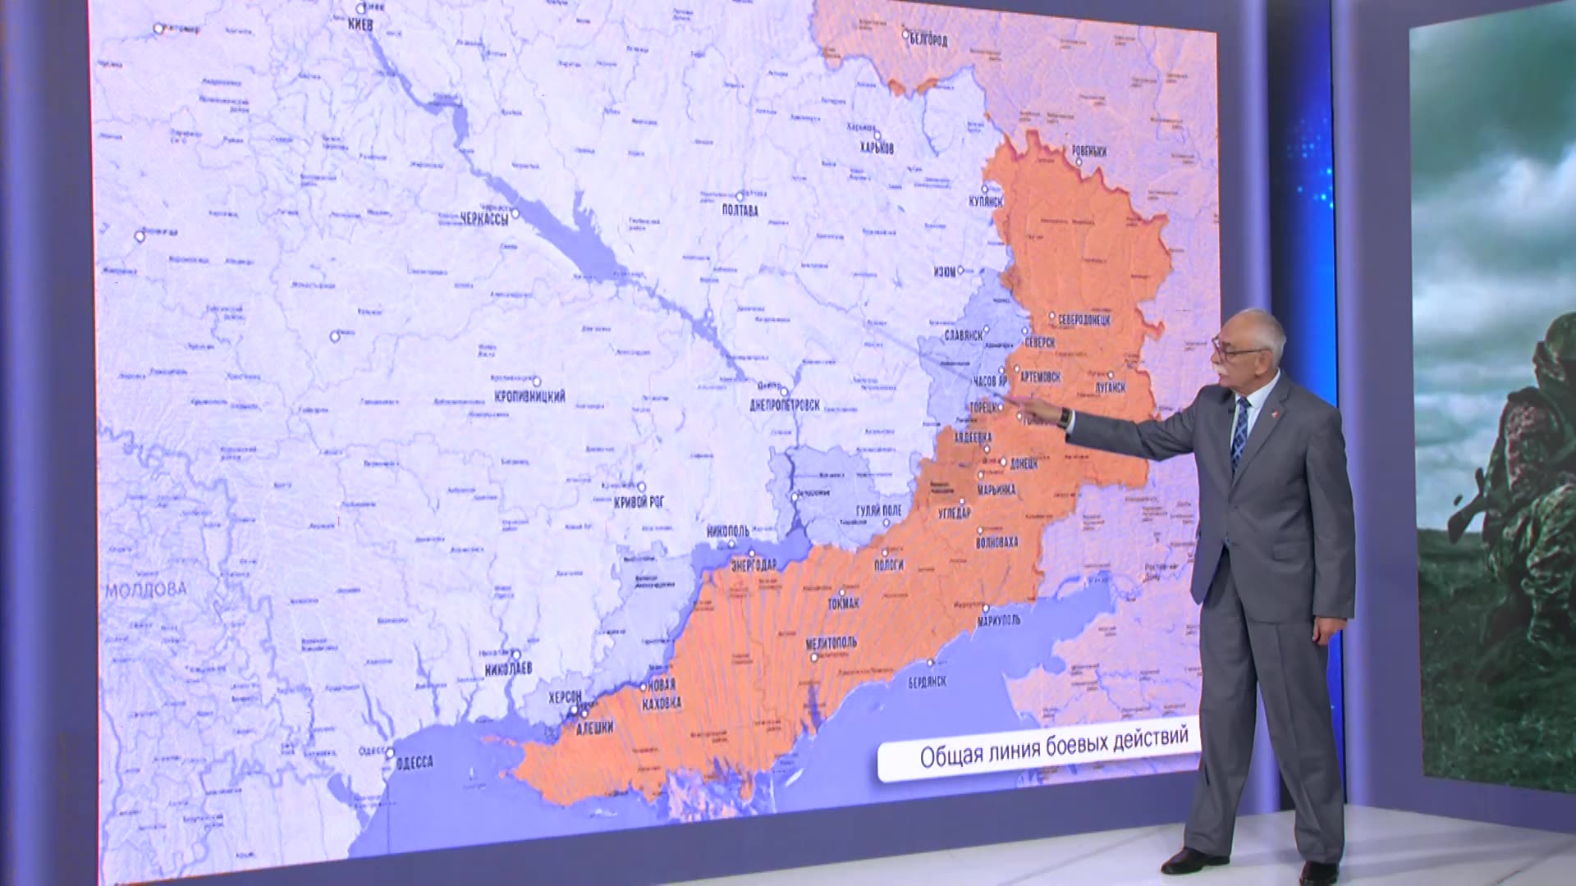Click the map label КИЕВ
pyautogui.click(x=360, y=25)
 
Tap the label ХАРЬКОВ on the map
pyautogui.click(x=877, y=148)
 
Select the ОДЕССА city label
pyautogui.click(x=414, y=763)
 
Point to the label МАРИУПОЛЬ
pyautogui.click(x=998, y=621)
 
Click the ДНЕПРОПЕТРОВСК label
pyautogui.click(x=784, y=405)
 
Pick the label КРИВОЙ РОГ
pyautogui.click(x=639, y=501)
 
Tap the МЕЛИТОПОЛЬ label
pyautogui.click(x=831, y=643)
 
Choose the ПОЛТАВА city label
pyautogui.click(x=740, y=210)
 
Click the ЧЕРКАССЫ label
pyautogui.click(x=484, y=218)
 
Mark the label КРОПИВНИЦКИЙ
pyautogui.click(x=529, y=396)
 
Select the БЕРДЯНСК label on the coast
pyautogui.click(x=928, y=682)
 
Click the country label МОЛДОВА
pyautogui.click(x=146, y=589)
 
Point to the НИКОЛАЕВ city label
pyautogui.click(x=508, y=669)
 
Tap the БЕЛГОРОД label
pyautogui.click(x=928, y=40)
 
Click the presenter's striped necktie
pyautogui.click(x=1239, y=432)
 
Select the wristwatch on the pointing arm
pyautogui.click(x=1065, y=418)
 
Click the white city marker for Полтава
pyautogui.click(x=740, y=196)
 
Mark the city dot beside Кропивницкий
pyautogui.click(x=537, y=381)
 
